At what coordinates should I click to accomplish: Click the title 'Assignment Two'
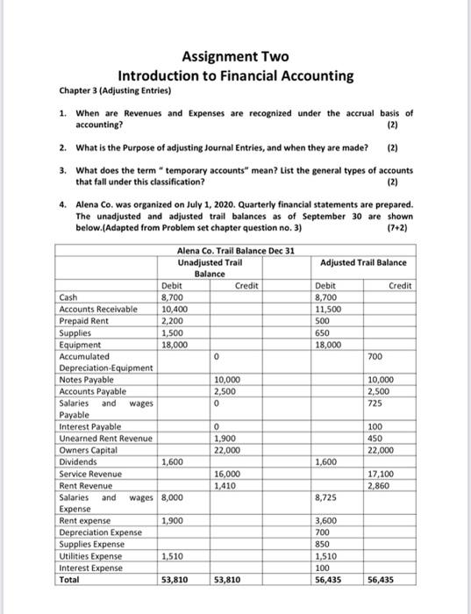tap(235, 57)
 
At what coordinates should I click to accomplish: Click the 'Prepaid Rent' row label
tap(84, 321)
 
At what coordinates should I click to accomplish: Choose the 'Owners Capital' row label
tap(88, 450)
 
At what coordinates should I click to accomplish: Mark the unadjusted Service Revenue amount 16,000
tap(227, 474)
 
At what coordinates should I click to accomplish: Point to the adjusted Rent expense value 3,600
tap(327, 519)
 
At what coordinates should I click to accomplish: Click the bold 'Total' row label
tap(71, 579)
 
